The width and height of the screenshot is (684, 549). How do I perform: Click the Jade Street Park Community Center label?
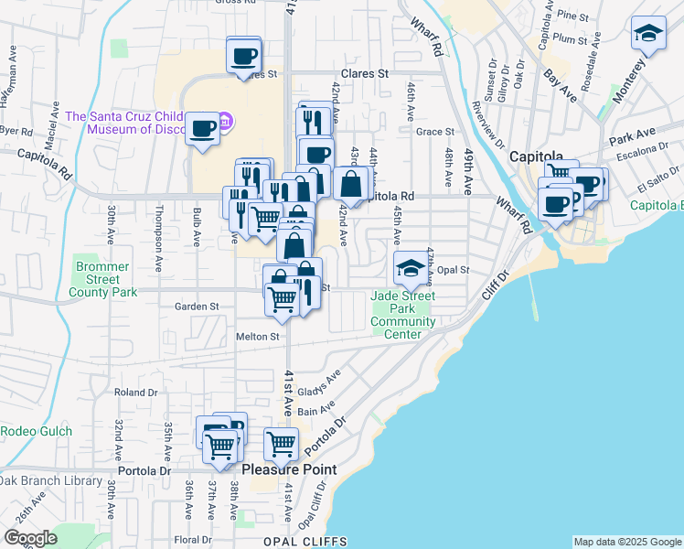[x=402, y=315]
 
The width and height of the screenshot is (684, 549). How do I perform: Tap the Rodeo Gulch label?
[x=30, y=431]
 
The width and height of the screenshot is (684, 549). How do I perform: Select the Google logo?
[x=30, y=538]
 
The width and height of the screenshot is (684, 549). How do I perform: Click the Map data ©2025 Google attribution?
[x=626, y=542]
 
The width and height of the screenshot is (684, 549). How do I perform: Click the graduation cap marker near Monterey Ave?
[x=648, y=36]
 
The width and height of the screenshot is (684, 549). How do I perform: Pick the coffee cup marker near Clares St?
[x=243, y=56]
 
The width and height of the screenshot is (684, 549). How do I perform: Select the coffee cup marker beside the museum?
[x=202, y=128]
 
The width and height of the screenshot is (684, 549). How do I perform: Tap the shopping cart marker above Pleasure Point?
[x=281, y=445]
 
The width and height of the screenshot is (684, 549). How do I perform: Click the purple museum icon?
[x=228, y=121]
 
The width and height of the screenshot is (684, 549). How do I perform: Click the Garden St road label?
[x=198, y=307]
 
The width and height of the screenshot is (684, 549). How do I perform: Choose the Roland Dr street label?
[x=136, y=393]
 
